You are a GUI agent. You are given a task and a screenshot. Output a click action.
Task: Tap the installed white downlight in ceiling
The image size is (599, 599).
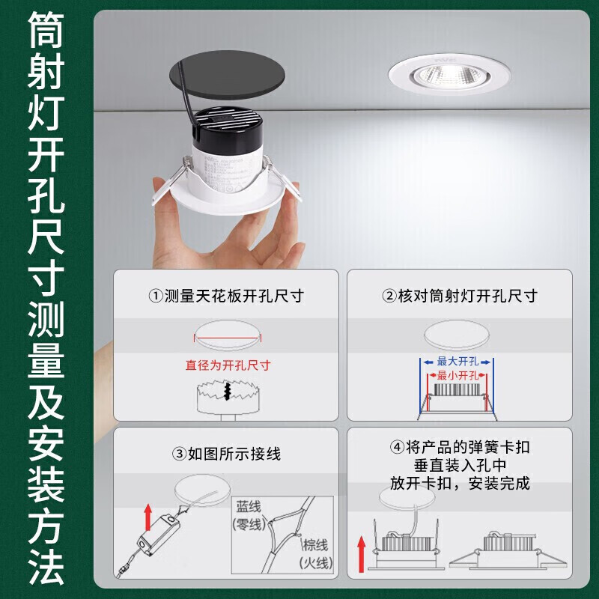(449, 74)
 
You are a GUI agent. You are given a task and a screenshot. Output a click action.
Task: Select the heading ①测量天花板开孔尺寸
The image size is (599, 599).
(226, 296)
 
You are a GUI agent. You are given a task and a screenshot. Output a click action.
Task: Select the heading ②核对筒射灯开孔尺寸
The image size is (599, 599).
(460, 296)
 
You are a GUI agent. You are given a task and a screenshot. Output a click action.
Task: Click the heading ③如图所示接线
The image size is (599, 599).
(226, 454)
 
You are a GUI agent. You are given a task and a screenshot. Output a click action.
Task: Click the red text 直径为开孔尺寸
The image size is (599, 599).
(228, 365)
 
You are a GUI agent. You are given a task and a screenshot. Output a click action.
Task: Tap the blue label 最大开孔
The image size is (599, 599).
(457, 361)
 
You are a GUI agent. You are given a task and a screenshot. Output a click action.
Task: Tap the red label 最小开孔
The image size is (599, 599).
(457, 376)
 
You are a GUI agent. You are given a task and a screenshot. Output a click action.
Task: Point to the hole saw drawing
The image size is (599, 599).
(228, 399)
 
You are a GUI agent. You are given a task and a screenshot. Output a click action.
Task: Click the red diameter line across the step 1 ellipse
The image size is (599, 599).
(228, 338)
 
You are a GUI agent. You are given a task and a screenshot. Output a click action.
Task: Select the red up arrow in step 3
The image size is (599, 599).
(148, 517)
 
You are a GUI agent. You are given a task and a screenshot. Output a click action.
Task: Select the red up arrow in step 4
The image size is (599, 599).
(361, 553)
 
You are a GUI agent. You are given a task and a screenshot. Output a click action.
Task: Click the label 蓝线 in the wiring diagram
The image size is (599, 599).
(249, 507)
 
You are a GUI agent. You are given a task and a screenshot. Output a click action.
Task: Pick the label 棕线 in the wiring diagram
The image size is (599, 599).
(315, 545)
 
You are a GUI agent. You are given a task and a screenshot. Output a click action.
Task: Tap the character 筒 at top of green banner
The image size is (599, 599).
(46, 29)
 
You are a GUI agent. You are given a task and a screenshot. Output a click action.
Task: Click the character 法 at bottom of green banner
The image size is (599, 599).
(46, 567)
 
